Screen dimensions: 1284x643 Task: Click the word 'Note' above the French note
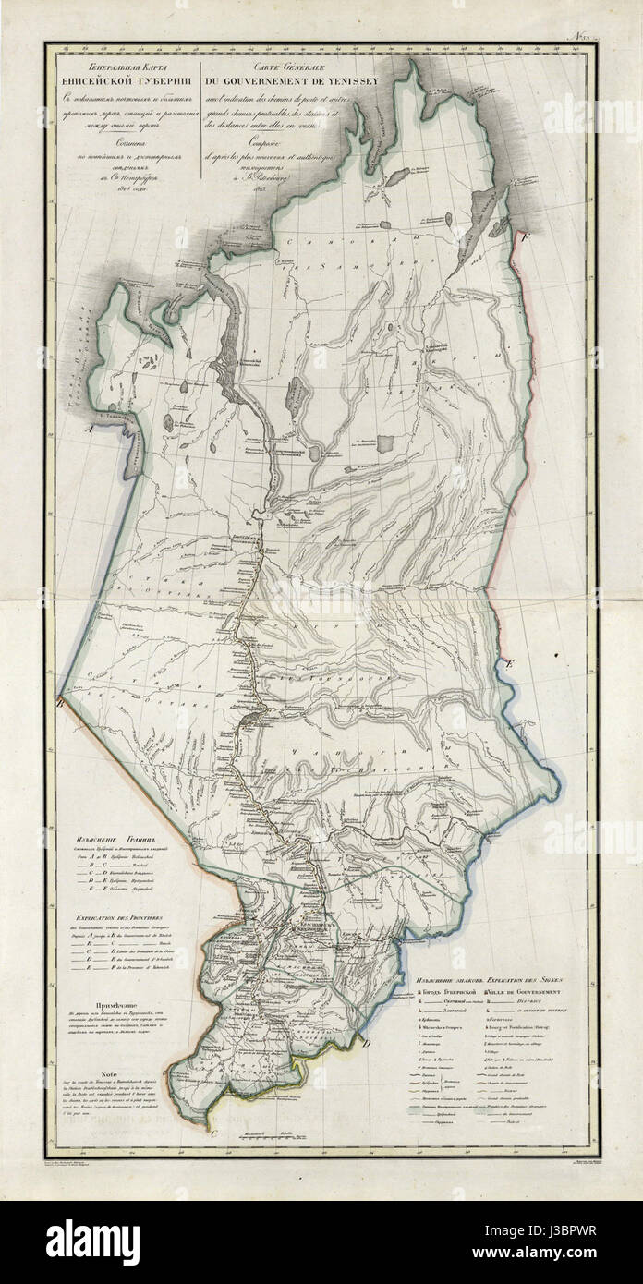(x=110, y=1074)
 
